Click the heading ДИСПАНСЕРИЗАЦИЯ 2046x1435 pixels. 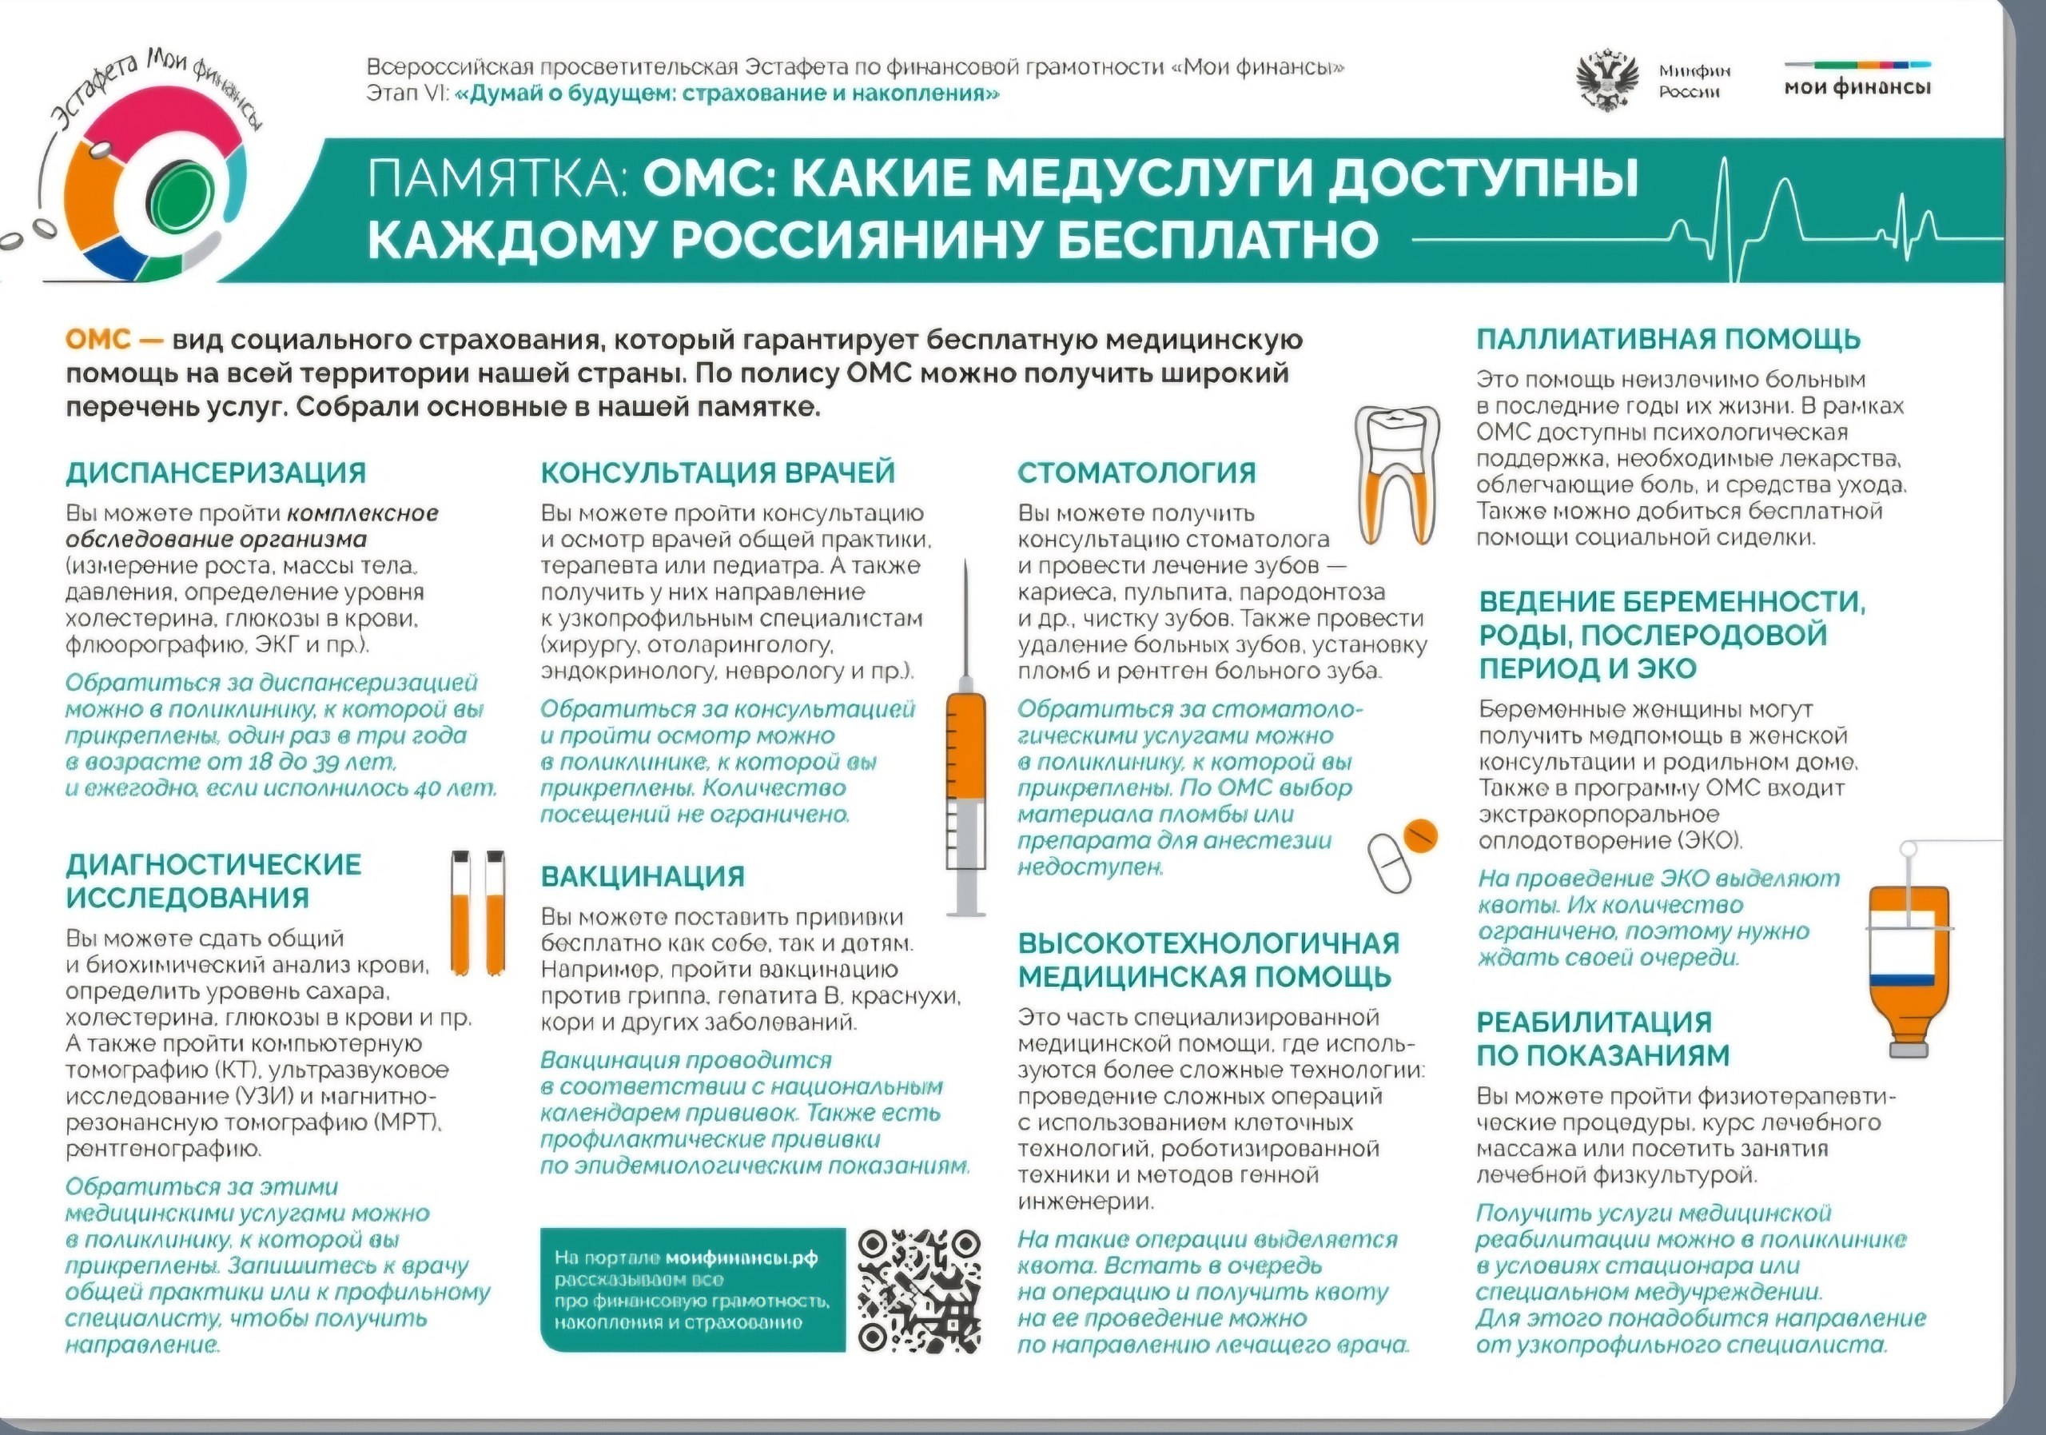pos(216,472)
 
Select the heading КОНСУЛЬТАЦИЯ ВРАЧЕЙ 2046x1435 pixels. pos(718,472)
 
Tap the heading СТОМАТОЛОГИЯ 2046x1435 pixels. pos(1136,472)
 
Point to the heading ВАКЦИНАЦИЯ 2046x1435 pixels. pos(643,876)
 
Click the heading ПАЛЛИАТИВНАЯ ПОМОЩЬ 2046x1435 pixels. pos(1668,340)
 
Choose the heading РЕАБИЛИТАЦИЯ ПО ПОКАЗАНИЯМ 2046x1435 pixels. pos(1602,1038)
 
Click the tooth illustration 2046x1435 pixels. pos(1396,472)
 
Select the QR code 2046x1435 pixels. pos(920,1289)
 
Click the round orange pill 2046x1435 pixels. pos(1419,835)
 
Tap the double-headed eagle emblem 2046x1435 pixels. pos(1609,81)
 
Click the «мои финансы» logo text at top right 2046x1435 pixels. pos(1857,87)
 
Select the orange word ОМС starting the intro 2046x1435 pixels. pos(98,341)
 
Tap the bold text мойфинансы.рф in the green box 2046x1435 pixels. pos(742,1258)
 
